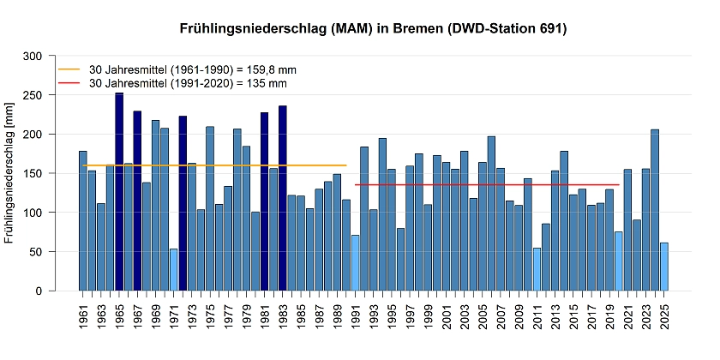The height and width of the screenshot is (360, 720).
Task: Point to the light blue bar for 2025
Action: (664, 267)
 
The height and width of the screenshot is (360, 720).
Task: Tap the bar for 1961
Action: (83, 221)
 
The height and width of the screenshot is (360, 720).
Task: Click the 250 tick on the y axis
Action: (55, 95)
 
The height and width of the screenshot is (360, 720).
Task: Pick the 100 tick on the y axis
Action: (55, 213)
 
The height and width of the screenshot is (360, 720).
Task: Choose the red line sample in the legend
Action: (68, 84)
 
